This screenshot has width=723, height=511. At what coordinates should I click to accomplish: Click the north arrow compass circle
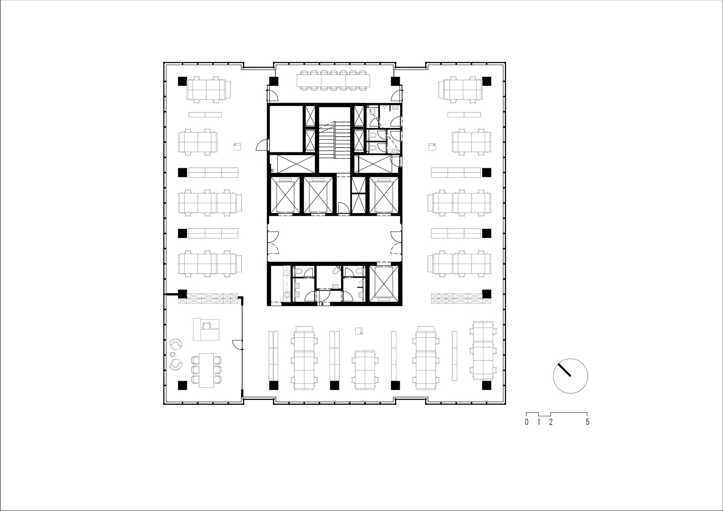(x=570, y=376)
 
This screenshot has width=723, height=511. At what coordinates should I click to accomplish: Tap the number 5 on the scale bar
(x=587, y=422)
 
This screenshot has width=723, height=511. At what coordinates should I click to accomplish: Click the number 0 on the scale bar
(x=527, y=422)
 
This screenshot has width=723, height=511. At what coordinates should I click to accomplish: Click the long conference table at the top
(x=334, y=80)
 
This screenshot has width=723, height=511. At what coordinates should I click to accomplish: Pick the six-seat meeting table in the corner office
(x=206, y=370)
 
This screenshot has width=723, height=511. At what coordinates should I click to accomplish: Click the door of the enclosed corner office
(x=237, y=344)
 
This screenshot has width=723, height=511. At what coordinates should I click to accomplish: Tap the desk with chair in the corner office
(x=206, y=329)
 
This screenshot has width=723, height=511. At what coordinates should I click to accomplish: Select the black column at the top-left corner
(x=182, y=81)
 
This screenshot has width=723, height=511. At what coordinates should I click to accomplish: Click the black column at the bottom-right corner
(x=486, y=386)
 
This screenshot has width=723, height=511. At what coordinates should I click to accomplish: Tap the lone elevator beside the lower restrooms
(x=384, y=283)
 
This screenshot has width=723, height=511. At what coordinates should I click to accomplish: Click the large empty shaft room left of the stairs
(x=285, y=128)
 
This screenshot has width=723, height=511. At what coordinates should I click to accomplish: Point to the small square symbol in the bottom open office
(x=359, y=331)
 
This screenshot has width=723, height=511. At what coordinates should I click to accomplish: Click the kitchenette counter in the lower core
(x=286, y=284)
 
